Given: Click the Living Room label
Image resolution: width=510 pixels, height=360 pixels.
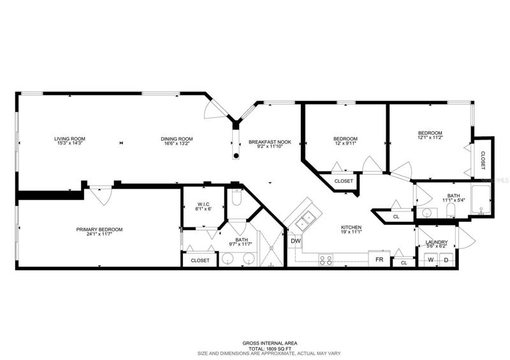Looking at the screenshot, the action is (x=69, y=139).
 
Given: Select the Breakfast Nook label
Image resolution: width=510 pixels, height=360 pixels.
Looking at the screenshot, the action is (x=270, y=142).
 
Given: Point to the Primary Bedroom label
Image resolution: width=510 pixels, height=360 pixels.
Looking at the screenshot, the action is (x=99, y=229).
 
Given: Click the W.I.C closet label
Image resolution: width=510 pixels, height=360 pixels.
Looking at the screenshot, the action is (x=203, y=205).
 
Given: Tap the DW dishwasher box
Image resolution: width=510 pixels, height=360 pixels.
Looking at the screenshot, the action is (x=295, y=241).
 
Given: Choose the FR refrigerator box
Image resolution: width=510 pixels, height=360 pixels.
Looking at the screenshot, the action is (x=379, y=259).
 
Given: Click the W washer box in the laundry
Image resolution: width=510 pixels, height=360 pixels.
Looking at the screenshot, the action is (x=431, y=259).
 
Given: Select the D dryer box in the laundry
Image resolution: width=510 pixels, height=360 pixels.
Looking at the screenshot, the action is (x=446, y=259).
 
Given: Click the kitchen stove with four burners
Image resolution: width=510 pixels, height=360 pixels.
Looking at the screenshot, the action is (x=326, y=260).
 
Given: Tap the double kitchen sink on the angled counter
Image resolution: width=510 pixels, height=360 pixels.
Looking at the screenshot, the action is (x=305, y=220).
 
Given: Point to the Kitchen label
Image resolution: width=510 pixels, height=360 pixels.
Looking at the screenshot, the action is (x=351, y=227).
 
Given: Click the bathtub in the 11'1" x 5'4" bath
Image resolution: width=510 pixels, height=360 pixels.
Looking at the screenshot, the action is (x=481, y=199).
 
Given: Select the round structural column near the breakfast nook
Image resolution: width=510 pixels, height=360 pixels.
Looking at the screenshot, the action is (x=236, y=155).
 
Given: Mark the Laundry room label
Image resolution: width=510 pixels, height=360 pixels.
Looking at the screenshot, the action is (x=437, y=242).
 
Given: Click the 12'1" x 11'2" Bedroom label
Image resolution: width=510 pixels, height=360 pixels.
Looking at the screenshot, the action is (x=430, y=133).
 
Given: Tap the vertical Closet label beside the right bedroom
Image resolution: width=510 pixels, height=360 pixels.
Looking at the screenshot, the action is (x=483, y=161).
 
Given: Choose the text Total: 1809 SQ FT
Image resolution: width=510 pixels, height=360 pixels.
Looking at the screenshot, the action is (x=270, y=349).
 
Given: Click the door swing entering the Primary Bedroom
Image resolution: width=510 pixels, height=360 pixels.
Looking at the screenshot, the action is (x=101, y=196).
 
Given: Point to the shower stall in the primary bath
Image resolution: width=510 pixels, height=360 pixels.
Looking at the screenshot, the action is (x=272, y=247).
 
